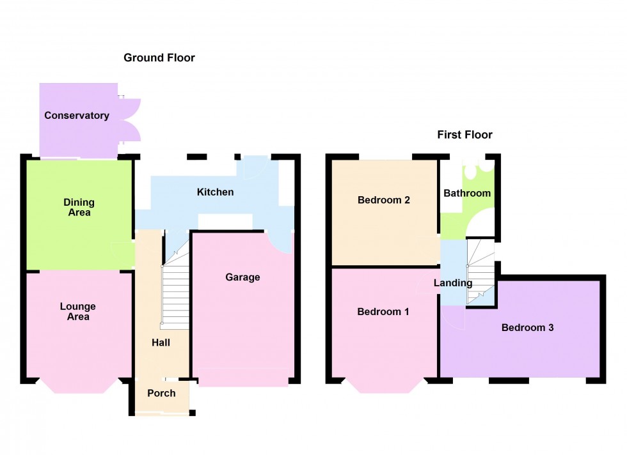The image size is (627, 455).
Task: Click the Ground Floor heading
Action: pyautogui.click(x=159, y=58)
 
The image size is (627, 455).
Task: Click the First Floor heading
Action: pyautogui.click(x=464, y=135)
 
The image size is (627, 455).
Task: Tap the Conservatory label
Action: pyautogui.click(x=77, y=116)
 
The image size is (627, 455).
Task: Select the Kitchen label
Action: pyautogui.click(x=215, y=192)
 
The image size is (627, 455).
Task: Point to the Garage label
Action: pyautogui.click(x=242, y=277)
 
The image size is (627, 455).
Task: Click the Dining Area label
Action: pyautogui.click(x=79, y=208)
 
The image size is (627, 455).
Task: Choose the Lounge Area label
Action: pyautogui.click(x=79, y=312)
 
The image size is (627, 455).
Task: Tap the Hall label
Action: pyautogui.click(x=161, y=343)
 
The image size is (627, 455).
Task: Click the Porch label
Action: pyautogui.click(x=161, y=393)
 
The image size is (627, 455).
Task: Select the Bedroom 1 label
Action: pyautogui.click(x=383, y=312)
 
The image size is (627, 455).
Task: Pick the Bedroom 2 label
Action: pyautogui.click(x=384, y=200)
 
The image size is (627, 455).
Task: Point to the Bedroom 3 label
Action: pyautogui.click(x=527, y=328)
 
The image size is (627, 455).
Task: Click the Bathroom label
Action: pyautogui.click(x=467, y=193)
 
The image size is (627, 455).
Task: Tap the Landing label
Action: pyautogui.click(x=452, y=283)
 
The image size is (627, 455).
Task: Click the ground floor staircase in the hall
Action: pyautogui.click(x=175, y=294)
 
